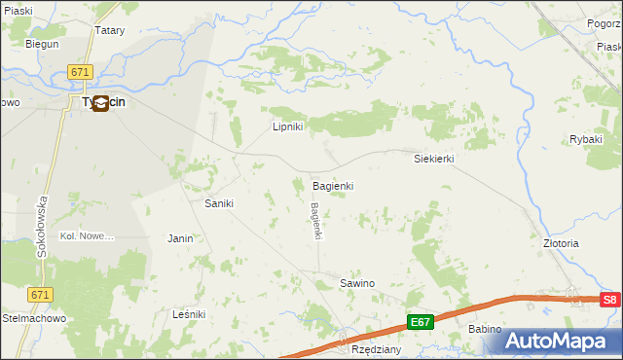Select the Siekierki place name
tap(434, 158)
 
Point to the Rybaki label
tap(587, 139)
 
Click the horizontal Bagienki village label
tap(332, 185)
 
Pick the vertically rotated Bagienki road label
tap(315, 220)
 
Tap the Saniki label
tap(217, 203)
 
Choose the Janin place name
tap(180, 237)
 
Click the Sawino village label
tap(356, 283)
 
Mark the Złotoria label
tap(561, 243)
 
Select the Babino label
tap(484, 329)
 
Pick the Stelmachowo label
tap(32, 317)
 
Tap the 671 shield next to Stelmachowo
tap(40, 294)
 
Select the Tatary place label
tap(110, 30)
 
